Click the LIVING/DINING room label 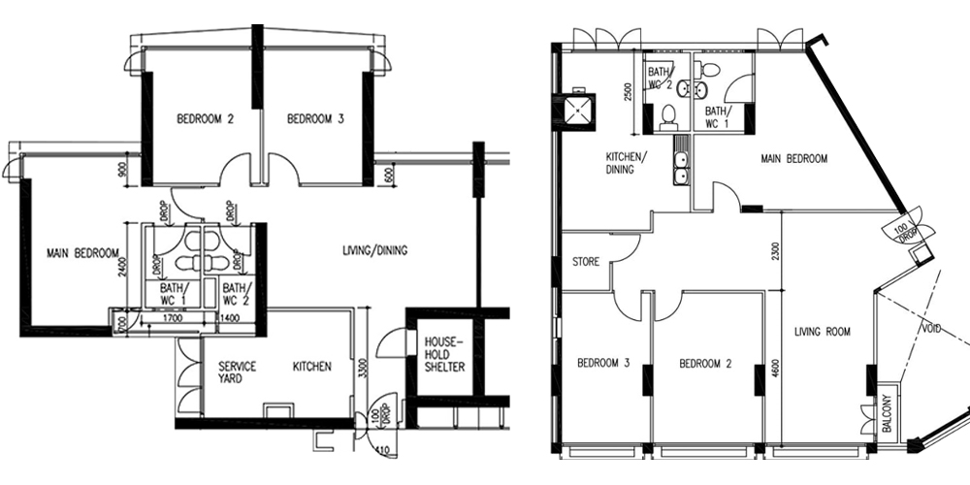pos(374,251)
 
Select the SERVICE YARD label pos(237,372)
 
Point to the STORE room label pos(587,262)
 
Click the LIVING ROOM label pos(823,332)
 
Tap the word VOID pos(930,329)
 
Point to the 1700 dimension pos(173,318)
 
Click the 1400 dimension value pos(231,318)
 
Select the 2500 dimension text pos(629,95)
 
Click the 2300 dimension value pos(774,253)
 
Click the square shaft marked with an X pos(579,109)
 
